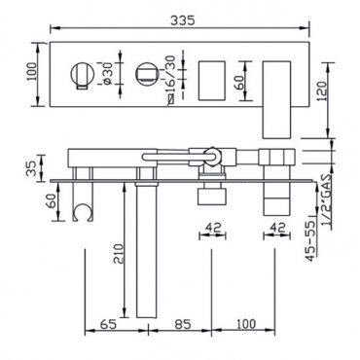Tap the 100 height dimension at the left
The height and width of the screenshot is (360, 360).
(x=32, y=74)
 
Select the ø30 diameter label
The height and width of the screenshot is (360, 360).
(x=108, y=74)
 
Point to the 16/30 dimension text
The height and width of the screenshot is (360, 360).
(x=170, y=75)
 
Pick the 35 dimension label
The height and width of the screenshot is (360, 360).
(x=32, y=167)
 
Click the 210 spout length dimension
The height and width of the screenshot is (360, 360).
(x=119, y=254)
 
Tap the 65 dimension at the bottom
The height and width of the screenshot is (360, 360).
(x=108, y=324)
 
